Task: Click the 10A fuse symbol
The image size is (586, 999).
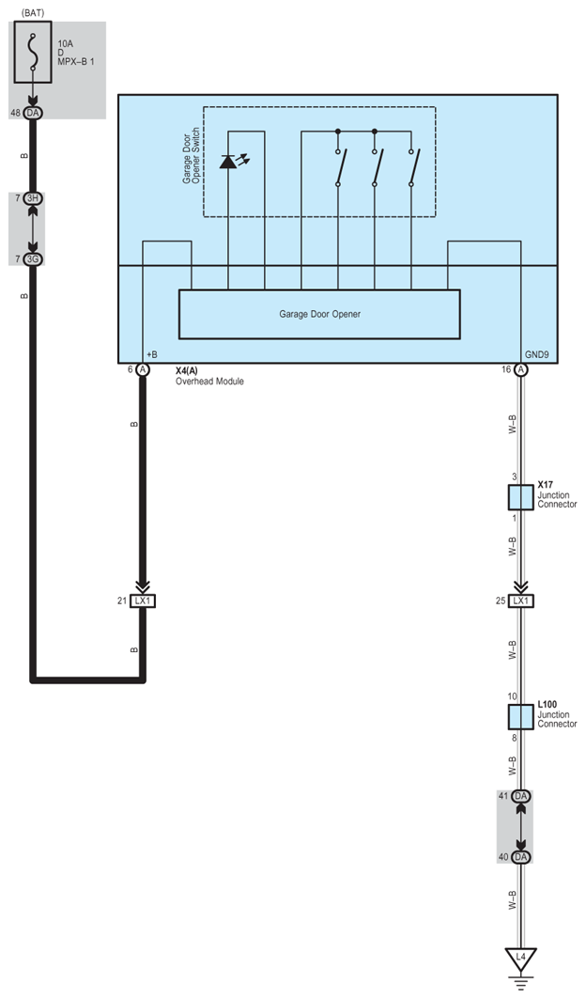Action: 34,53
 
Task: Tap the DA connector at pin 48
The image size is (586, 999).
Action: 34,113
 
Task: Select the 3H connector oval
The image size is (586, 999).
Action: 34,198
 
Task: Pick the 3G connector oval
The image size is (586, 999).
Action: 34,258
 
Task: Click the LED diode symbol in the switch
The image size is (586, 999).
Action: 228,162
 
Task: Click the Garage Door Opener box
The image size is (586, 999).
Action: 319,314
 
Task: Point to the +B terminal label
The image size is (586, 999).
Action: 152,355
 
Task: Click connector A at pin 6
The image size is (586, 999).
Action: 143,370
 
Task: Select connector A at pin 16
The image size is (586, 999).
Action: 521,370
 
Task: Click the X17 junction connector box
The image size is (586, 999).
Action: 521,497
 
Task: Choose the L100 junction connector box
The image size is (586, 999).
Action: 521,717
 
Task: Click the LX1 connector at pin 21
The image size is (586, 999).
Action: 143,600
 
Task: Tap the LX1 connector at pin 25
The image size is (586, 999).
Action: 521,600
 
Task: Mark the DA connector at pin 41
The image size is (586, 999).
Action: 521,796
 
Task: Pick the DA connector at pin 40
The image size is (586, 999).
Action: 521,856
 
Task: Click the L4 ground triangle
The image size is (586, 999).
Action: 521,958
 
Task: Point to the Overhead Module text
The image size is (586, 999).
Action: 209,382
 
